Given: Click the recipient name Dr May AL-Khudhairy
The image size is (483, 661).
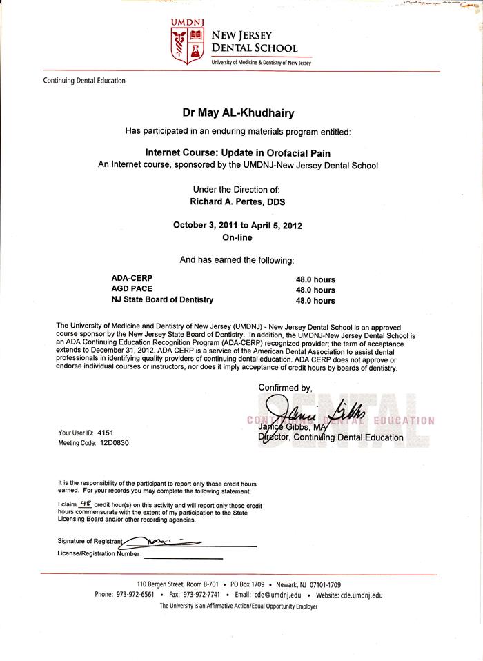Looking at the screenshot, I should (x=238, y=113).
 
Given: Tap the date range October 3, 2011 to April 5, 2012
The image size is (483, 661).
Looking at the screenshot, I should (x=237, y=225).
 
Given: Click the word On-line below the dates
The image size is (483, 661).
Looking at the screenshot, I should (x=237, y=237).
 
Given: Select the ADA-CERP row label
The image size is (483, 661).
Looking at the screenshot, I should (x=132, y=279).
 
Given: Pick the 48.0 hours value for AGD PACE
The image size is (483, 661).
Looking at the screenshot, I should (x=315, y=290).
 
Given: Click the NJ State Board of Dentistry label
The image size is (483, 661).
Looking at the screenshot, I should (x=162, y=299).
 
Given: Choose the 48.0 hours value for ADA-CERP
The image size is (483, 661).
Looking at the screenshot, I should (x=315, y=279).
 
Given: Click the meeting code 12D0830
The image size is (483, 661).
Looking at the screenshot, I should (x=114, y=443).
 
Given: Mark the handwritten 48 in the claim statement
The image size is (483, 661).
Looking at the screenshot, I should (x=86, y=505).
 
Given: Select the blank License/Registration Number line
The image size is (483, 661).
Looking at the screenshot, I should (x=183, y=556).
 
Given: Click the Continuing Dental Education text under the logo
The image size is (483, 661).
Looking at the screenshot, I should (x=84, y=81).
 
